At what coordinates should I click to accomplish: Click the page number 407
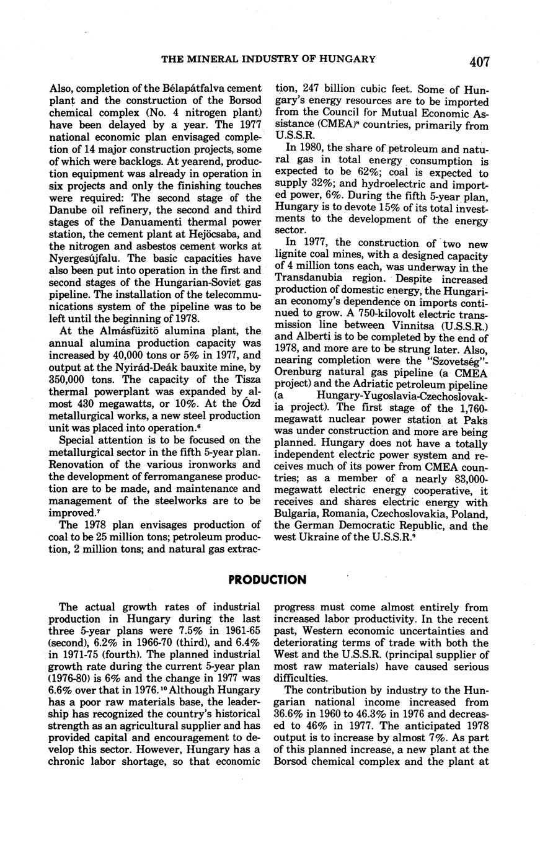(479, 61)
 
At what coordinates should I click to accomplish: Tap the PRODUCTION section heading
(267, 580)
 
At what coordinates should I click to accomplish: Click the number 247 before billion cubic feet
(320, 89)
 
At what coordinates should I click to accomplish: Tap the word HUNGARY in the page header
(348, 60)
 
